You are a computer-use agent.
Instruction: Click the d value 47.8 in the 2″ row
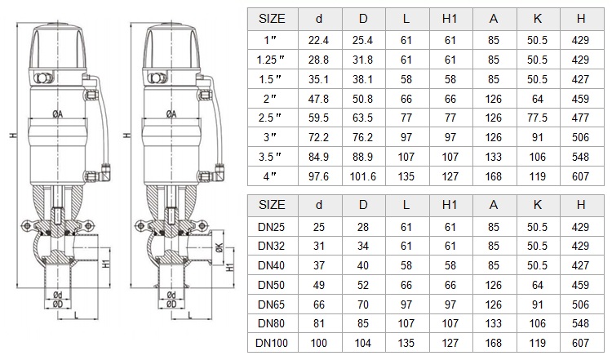click(x=318, y=99)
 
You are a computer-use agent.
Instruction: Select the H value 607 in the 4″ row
click(x=580, y=176)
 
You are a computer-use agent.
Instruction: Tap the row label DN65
click(x=271, y=304)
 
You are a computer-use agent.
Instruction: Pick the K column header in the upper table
click(x=538, y=18)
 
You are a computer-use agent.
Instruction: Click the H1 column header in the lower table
click(x=450, y=205)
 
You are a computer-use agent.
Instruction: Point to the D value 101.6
click(x=362, y=176)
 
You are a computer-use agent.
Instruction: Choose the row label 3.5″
click(x=271, y=157)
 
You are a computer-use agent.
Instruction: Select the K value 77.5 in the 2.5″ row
click(x=537, y=118)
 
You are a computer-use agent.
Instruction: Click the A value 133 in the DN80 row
click(x=494, y=324)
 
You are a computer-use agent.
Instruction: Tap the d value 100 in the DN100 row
click(x=319, y=343)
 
